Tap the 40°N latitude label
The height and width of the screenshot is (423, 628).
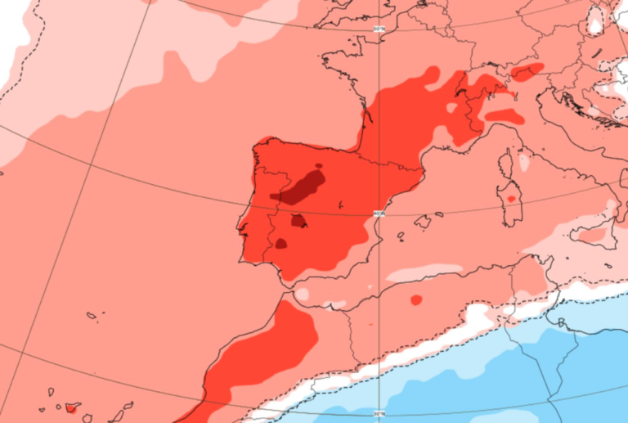[379, 214]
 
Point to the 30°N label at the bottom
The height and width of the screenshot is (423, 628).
[378, 412]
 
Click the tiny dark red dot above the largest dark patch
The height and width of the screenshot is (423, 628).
[318, 166]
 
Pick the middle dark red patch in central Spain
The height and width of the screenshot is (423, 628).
[298, 221]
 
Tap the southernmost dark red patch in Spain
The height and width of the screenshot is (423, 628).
[280, 243]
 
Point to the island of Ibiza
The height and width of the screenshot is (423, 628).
[402, 236]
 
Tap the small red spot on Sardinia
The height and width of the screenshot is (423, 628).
[511, 198]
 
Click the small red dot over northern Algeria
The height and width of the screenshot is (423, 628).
[416, 299]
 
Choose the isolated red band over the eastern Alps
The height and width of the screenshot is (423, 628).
[527, 71]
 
